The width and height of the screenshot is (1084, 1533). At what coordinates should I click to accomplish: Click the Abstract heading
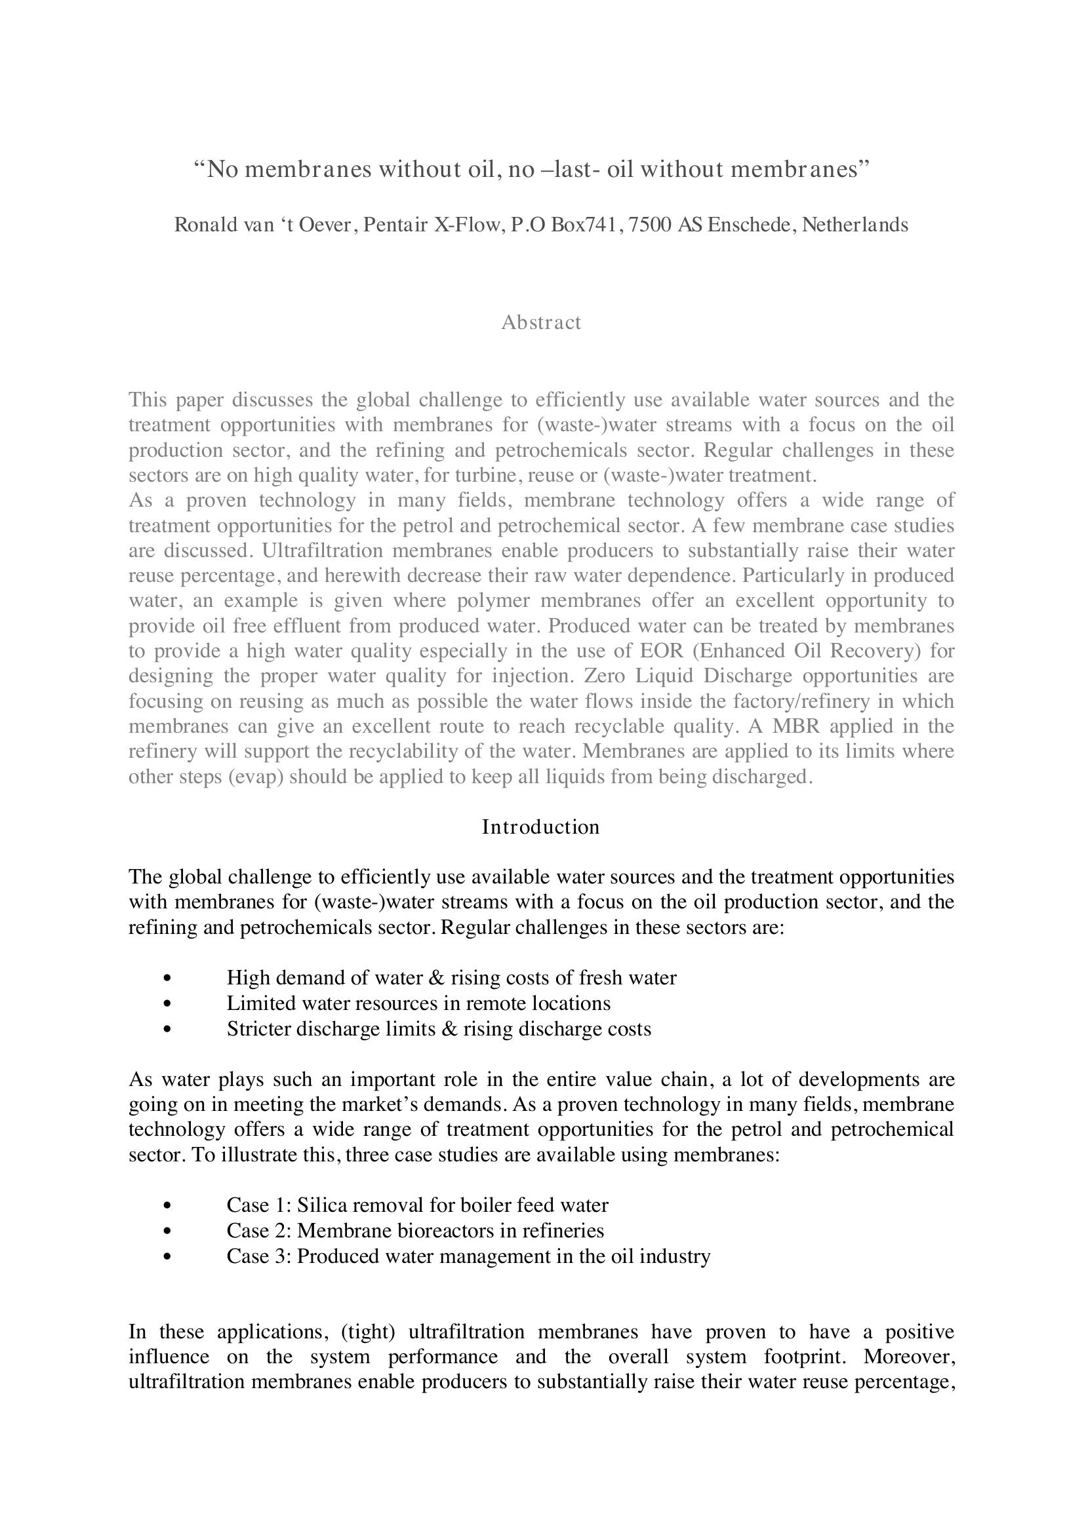541,322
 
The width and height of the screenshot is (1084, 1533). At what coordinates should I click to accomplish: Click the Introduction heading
541,827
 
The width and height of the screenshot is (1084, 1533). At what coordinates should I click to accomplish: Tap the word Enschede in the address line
752,225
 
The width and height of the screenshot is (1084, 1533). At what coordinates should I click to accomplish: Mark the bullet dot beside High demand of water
167,978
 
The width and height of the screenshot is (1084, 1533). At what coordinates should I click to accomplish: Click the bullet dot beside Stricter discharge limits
167,1029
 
